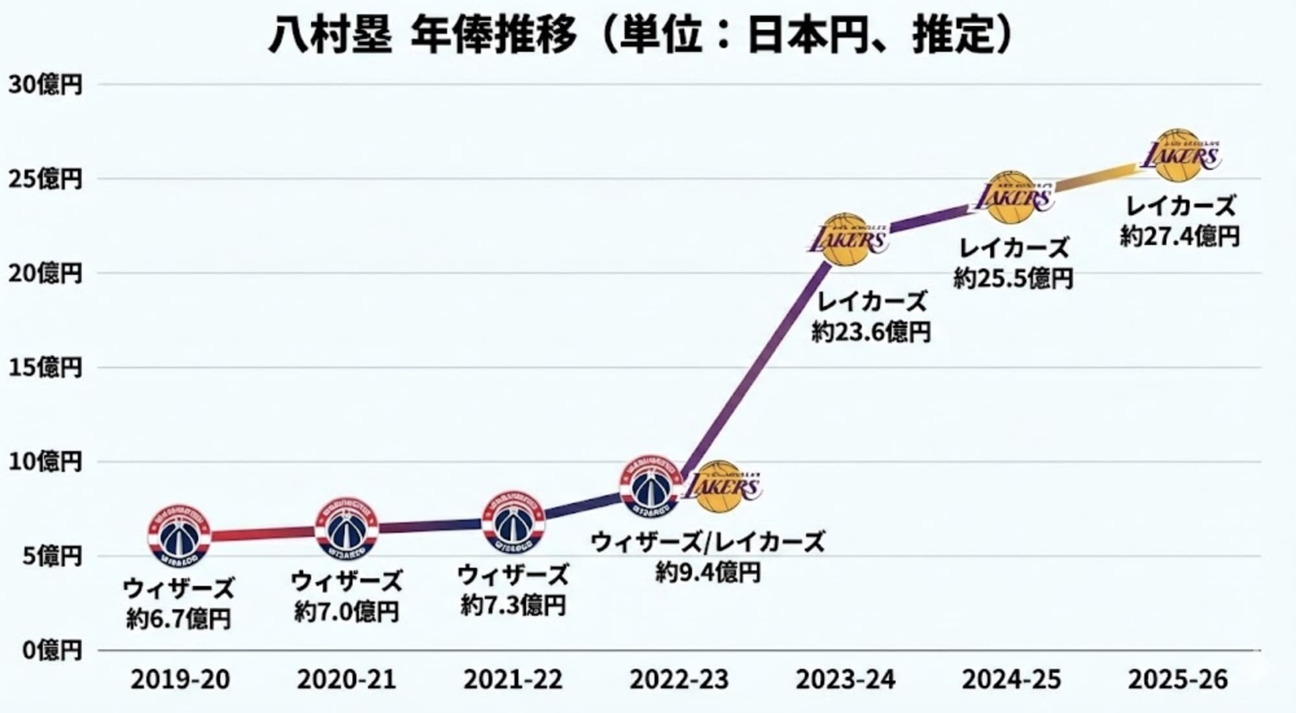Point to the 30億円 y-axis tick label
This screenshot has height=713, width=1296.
45,84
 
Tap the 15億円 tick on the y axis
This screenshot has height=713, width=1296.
45,368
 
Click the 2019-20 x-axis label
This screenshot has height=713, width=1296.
180,680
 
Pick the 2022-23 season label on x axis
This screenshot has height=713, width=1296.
679,680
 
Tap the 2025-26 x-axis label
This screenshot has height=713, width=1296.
1177,680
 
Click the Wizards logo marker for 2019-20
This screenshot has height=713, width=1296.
179,536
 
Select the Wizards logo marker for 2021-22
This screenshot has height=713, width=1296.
513,522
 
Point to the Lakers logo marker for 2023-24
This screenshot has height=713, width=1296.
846,239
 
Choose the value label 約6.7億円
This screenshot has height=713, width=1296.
179,620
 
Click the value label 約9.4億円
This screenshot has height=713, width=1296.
708,572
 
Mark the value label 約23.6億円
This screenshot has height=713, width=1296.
871,333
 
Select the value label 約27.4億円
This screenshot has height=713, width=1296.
1179,236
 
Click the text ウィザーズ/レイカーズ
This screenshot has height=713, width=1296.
708,542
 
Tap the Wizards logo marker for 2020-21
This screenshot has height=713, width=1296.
347,529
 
